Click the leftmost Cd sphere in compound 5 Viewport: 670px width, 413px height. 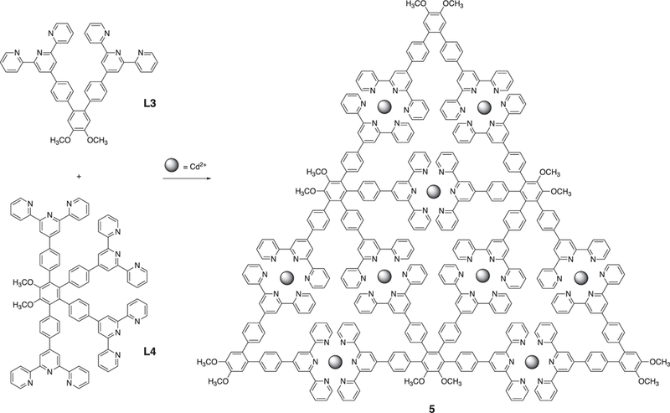coord(286,276)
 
